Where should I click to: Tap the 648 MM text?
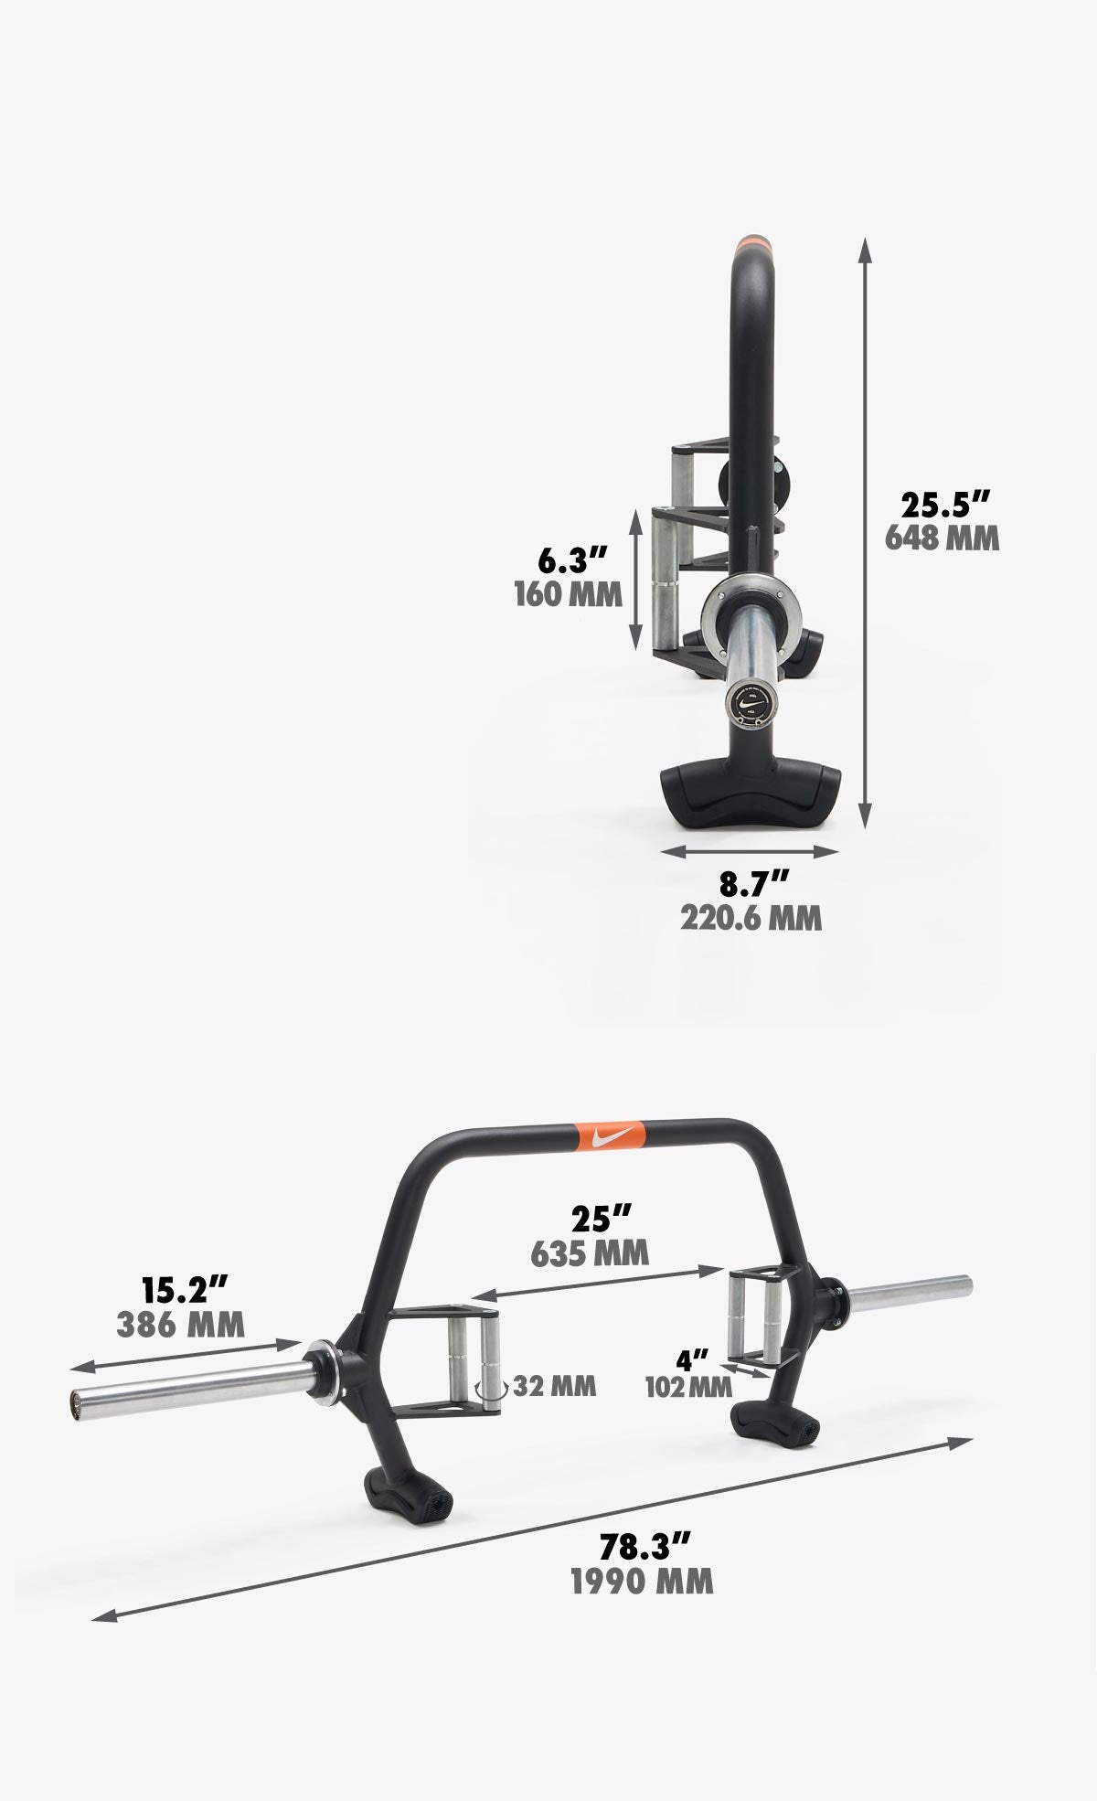click(942, 538)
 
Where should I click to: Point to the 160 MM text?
click(568, 594)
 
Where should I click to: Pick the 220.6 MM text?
click(751, 917)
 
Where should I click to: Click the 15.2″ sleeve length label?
click(184, 1290)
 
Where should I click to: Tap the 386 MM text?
click(181, 1324)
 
